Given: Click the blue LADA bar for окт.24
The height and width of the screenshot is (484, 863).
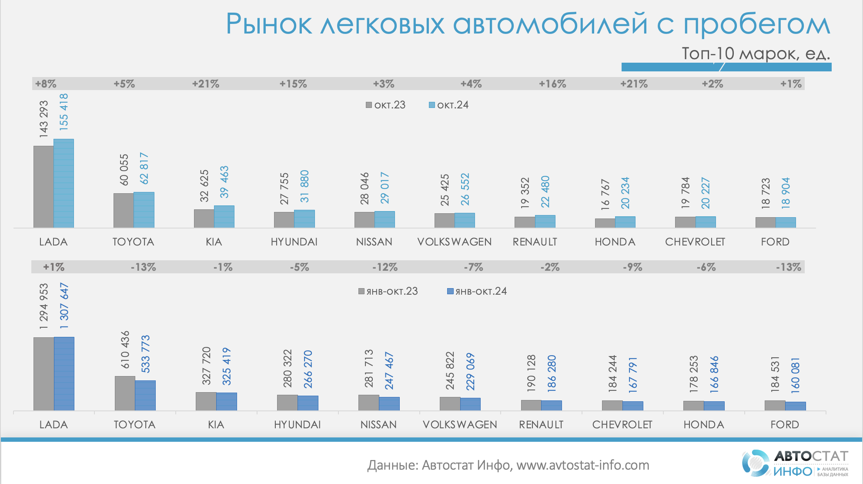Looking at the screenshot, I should tap(64, 183).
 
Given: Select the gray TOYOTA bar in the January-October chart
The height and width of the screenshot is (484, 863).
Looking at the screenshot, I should tap(125, 393).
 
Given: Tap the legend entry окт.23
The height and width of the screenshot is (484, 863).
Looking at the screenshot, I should tap(386, 105).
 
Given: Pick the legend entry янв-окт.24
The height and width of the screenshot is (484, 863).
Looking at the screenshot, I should tap(477, 291).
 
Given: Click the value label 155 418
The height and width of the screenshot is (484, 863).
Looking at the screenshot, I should tap(64, 112).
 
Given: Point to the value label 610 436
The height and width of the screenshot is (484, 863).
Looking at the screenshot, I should tap(125, 350).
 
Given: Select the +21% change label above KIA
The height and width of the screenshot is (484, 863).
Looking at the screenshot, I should tap(206, 84).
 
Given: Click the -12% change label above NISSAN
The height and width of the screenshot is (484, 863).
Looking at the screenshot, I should tap(385, 267).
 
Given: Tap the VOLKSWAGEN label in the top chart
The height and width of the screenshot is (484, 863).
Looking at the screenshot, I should tap(455, 242).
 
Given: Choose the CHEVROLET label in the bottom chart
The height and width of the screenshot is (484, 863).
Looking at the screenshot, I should tap(622, 424).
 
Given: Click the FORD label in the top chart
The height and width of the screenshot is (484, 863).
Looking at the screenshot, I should tap(775, 242).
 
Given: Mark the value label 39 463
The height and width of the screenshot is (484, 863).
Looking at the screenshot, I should tap(224, 182).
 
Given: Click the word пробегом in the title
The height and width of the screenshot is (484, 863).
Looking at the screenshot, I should tap(757, 24).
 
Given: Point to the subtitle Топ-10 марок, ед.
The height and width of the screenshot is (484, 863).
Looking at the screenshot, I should tap(756, 54).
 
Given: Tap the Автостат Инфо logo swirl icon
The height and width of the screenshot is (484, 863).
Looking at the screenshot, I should tap(756, 463).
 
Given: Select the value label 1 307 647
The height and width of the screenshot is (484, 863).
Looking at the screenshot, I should tap(64, 306).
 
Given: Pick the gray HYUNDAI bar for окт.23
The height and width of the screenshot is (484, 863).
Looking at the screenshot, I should tap(284, 220).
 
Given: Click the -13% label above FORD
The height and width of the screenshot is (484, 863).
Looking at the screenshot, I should tap(789, 267).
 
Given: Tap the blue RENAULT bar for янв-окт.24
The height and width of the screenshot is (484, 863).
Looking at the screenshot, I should tap(552, 405).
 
